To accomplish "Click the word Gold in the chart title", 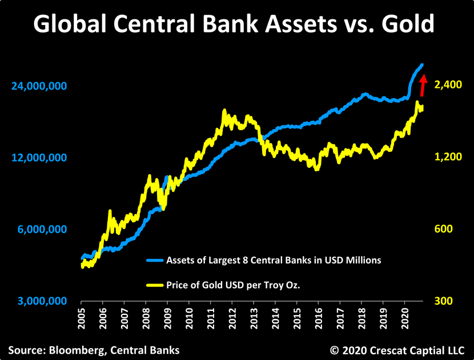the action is [408, 23].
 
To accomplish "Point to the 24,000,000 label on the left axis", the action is [39, 86].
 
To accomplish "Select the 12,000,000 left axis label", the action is [39, 157].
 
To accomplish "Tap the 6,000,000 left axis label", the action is [42, 229].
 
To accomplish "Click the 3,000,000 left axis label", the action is [42, 301].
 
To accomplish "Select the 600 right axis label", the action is [444, 229].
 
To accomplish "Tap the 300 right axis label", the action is [444, 301].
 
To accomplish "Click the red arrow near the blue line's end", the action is [423, 85].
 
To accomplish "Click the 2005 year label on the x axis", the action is [82, 318].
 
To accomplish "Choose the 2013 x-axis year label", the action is [254, 318].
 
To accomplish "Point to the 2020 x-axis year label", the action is [405, 318].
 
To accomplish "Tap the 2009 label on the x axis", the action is [168, 318].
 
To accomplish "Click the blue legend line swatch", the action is [155, 260].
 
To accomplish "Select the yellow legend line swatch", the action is [155, 285].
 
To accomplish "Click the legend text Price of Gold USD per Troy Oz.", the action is [233, 285].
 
